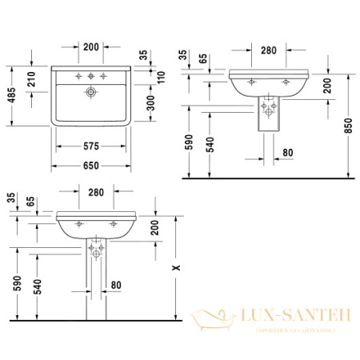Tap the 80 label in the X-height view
point(117,284)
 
